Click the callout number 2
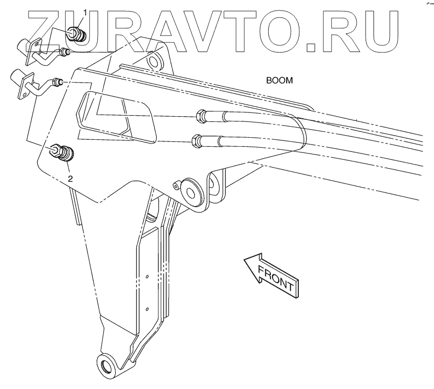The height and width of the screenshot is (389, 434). pyautogui.click(x=70, y=178)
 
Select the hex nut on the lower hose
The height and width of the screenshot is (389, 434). pyautogui.click(x=195, y=140)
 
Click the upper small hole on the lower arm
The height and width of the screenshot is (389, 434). pyautogui.click(x=148, y=277)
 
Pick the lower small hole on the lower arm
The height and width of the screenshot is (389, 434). pyautogui.click(x=147, y=309)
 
